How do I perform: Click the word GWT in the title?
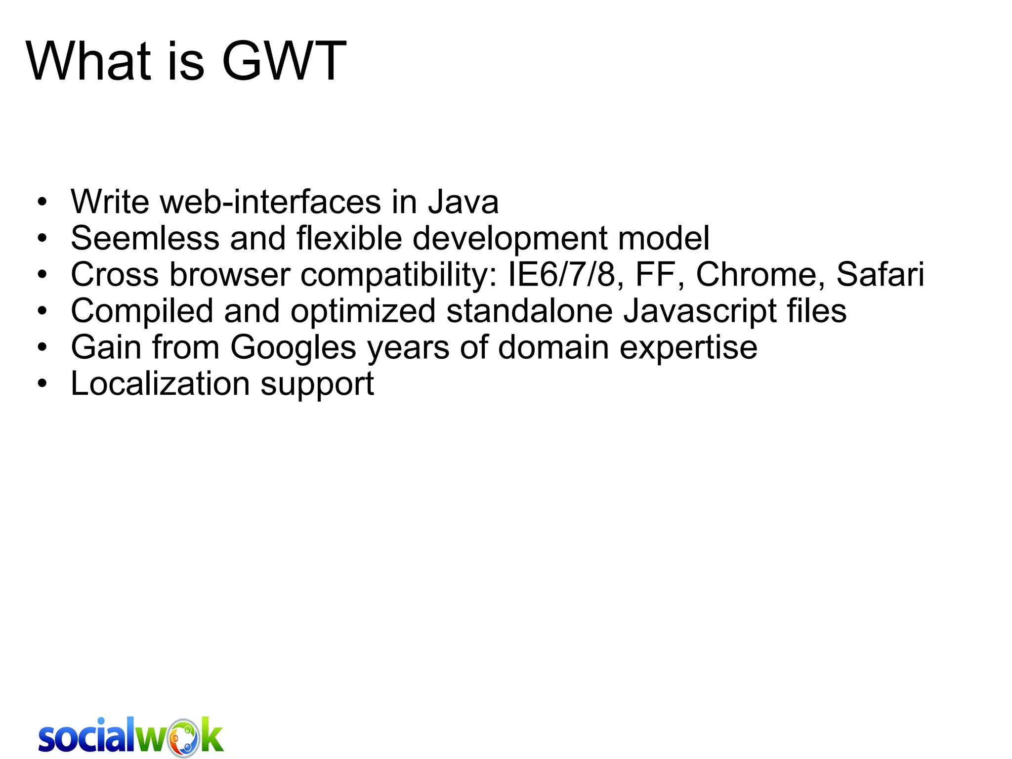click(284, 61)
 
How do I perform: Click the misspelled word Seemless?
click(145, 238)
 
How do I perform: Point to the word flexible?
click(349, 238)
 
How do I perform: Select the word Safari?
click(880, 274)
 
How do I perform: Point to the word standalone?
click(529, 311)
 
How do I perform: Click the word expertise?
click(688, 348)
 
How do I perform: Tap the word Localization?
click(160, 384)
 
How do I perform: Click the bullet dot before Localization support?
click(42, 384)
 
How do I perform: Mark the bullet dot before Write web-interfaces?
click(42, 202)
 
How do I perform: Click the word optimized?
click(363, 311)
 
